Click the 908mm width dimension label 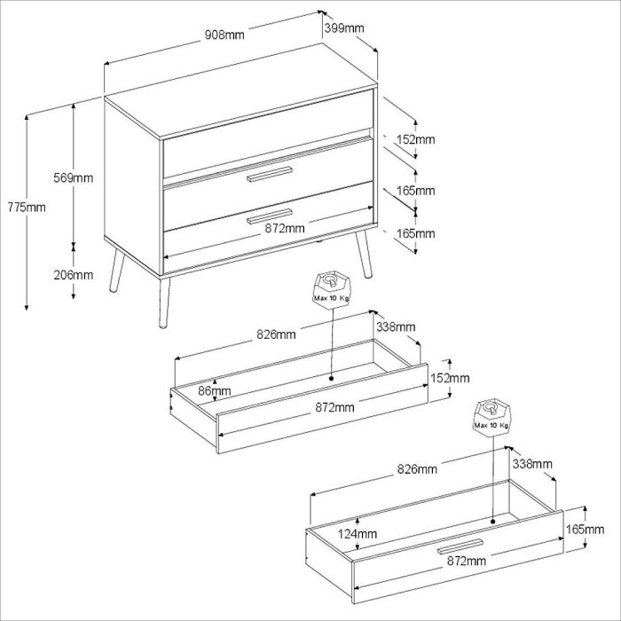[225, 36]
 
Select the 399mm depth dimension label [344, 28]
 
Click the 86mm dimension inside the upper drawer [215, 391]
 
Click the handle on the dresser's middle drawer [270, 174]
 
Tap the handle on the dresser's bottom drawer [270, 216]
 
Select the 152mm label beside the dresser [415, 139]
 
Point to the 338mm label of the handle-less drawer [396, 327]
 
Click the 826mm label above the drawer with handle [417, 469]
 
